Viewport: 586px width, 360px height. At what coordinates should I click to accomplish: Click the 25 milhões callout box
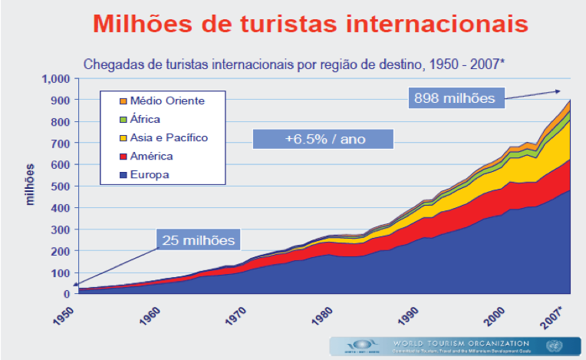tap(199, 240)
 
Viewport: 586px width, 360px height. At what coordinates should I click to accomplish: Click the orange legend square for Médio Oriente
tap(120, 101)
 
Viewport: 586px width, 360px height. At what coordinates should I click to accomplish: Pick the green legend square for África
tap(120, 119)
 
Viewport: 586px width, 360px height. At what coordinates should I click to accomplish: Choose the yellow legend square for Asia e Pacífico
tap(120, 138)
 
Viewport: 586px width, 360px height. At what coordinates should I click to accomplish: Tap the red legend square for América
tap(120, 157)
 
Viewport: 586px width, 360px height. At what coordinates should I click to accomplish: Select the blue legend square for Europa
tap(120, 175)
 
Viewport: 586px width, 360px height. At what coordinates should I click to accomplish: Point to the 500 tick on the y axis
tap(60, 187)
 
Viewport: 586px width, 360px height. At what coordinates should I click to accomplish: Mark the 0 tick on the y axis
tap(66, 294)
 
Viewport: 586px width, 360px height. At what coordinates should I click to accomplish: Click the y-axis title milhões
tap(31, 185)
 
